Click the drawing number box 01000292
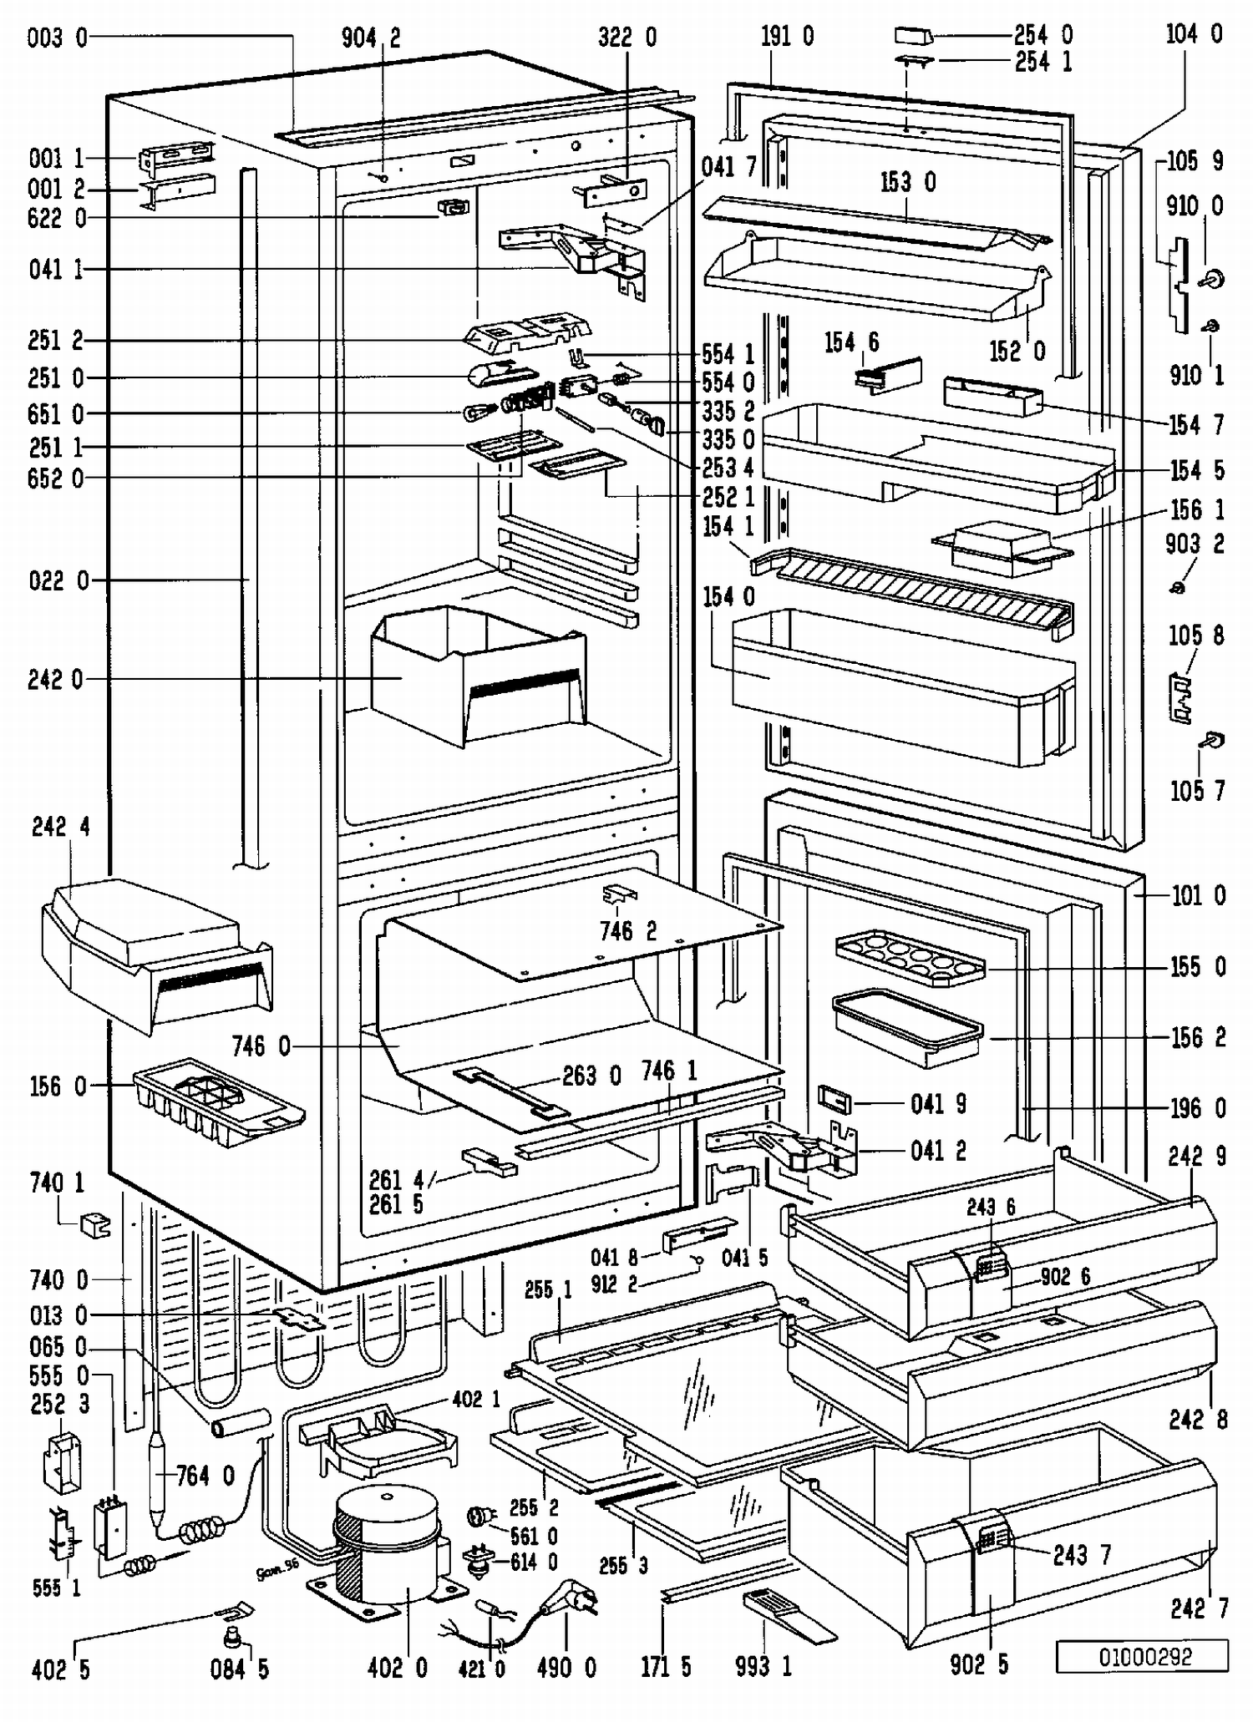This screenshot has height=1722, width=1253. pos(1143,1657)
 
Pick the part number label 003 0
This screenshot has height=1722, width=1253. pos(57,38)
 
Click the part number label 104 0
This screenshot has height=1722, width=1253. pos(1195,34)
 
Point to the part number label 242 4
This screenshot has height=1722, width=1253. pos(61,827)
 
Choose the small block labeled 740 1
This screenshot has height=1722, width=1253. pos(95,1224)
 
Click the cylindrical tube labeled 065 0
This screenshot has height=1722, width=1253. pos(241,1422)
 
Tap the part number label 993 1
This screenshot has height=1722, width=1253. pos(763,1667)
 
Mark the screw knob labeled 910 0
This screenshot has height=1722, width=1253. pos(1213,279)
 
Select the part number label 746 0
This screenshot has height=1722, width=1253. pos(261,1046)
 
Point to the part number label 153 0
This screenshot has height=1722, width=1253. pos(908,182)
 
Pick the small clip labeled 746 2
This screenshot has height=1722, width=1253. pos(619,894)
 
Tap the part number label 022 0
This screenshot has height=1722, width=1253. pos(58,580)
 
